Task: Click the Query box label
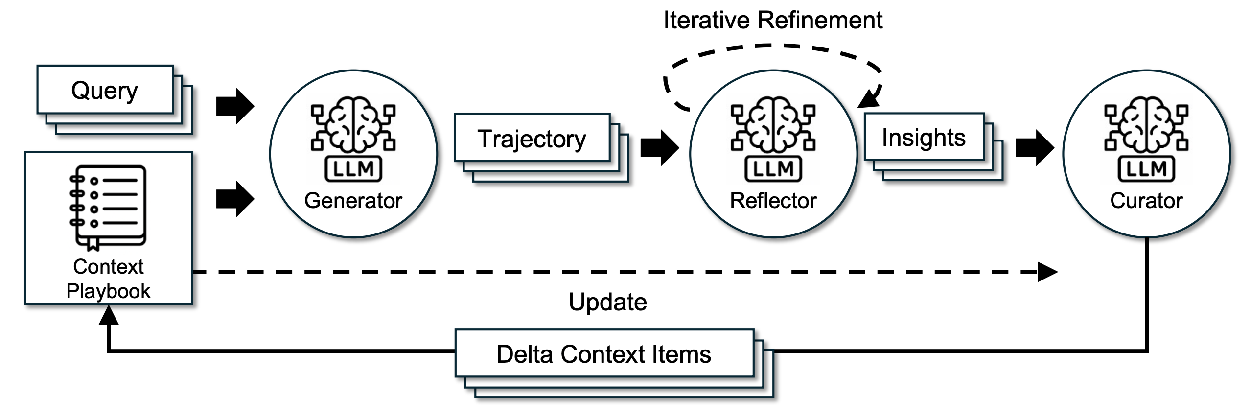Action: (x=105, y=91)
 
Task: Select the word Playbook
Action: (x=108, y=291)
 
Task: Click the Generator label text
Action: (x=353, y=201)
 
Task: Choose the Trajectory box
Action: (x=532, y=139)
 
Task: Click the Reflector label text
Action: (x=773, y=201)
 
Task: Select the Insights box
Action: (x=924, y=138)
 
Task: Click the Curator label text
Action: (x=1146, y=201)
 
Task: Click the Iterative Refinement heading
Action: (x=773, y=21)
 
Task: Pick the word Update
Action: (x=607, y=302)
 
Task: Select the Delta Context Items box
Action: (x=604, y=354)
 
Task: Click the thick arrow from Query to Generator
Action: (x=235, y=106)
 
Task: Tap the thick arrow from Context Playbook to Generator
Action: (x=235, y=199)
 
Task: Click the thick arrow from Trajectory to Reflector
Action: (x=660, y=147)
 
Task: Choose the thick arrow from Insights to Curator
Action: (x=1035, y=147)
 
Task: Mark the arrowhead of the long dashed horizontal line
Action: (x=1047, y=272)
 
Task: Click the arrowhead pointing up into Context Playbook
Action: (x=109, y=315)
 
